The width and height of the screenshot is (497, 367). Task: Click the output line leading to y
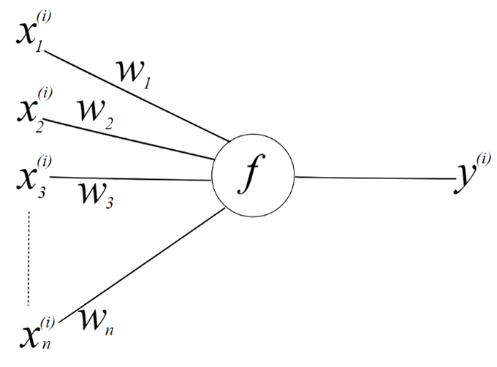point(373,177)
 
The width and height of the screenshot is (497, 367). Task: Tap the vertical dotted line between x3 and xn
point(29,256)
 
